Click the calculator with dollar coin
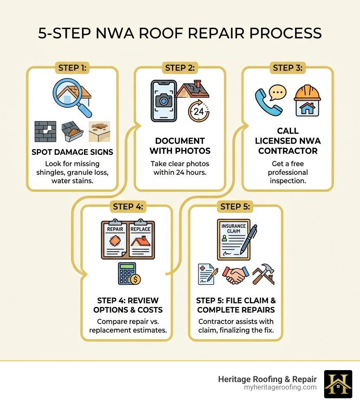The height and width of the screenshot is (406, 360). click(x=129, y=273)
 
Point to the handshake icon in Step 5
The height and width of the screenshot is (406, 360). click(x=235, y=275)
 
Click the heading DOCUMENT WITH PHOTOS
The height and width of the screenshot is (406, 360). click(x=180, y=146)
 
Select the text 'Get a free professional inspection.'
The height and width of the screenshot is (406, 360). click(x=288, y=172)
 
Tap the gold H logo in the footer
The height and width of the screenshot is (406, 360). click(x=338, y=384)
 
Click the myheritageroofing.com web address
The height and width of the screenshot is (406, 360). click(x=280, y=387)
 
